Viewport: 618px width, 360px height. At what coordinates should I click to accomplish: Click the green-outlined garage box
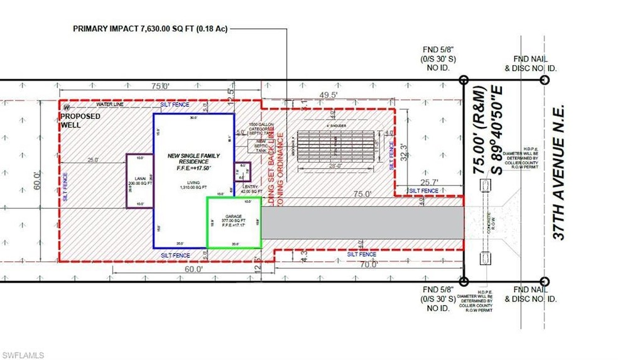pyautogui.click(x=234, y=222)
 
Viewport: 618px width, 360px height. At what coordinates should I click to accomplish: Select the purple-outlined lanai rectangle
pyautogui.click(x=140, y=181)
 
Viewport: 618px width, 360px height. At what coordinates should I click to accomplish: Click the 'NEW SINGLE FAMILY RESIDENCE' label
pyautogui.click(x=193, y=158)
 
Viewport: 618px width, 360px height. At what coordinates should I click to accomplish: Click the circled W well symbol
pyautogui.click(x=65, y=107)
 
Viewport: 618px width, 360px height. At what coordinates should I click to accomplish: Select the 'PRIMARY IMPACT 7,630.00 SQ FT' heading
pyautogui.click(x=149, y=28)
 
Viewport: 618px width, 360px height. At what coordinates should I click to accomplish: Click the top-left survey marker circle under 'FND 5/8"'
pyautogui.click(x=463, y=80)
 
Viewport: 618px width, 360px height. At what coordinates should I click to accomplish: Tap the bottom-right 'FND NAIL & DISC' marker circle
pyautogui.click(x=545, y=281)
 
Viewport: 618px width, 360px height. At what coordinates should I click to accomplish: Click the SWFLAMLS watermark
pyautogui.click(x=23, y=355)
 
